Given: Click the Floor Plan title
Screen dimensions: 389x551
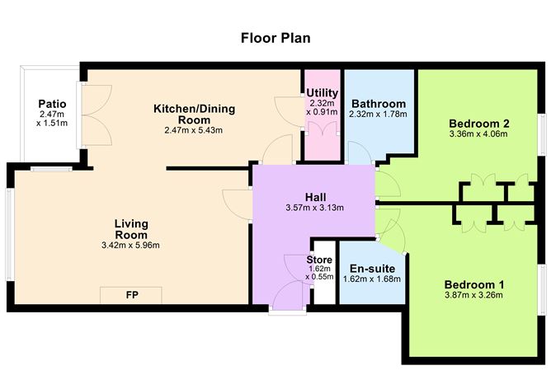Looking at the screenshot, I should click(x=275, y=37).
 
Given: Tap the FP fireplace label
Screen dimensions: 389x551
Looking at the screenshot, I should click(x=131, y=294).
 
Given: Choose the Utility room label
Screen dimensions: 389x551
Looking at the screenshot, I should click(x=321, y=92).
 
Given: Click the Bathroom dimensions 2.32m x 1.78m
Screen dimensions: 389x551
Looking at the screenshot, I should click(x=379, y=115).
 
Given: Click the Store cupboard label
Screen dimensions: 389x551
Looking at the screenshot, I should click(x=320, y=260).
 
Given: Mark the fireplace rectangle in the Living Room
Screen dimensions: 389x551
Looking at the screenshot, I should click(x=131, y=295).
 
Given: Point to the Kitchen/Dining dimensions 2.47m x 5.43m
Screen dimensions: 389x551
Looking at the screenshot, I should click(x=194, y=129).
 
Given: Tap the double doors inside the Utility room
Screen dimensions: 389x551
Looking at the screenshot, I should click(x=321, y=129).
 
